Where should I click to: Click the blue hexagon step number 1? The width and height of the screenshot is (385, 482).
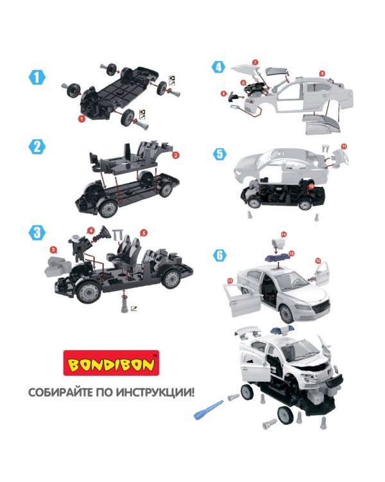click(x=37, y=78)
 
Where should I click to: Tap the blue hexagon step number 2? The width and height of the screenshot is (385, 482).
click(x=37, y=147)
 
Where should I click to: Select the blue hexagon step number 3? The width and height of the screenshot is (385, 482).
click(x=37, y=233)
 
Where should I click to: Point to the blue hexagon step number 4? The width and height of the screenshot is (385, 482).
click(x=219, y=67)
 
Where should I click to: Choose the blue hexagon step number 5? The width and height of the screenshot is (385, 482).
click(x=220, y=154)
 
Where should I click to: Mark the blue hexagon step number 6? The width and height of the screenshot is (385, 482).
click(x=220, y=255)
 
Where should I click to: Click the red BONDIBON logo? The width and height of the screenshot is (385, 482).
click(x=111, y=363)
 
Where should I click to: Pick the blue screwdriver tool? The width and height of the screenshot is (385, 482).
click(x=208, y=409)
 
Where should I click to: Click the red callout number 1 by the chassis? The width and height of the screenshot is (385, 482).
click(x=81, y=118)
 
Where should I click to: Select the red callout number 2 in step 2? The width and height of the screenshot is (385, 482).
click(x=175, y=156)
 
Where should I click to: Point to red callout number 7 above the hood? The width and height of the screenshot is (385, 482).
click(x=255, y=62)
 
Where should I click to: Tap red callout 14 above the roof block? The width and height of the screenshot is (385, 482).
click(x=284, y=235)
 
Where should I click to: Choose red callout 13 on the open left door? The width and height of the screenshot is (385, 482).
click(x=230, y=280)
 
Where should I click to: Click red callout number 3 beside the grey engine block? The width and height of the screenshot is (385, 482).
click(x=54, y=249)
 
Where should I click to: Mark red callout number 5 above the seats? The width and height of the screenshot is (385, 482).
click(x=143, y=233)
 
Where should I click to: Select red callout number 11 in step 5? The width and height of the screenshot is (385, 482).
click(x=344, y=147)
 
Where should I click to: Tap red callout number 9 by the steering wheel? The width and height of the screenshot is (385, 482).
click(x=223, y=93)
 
